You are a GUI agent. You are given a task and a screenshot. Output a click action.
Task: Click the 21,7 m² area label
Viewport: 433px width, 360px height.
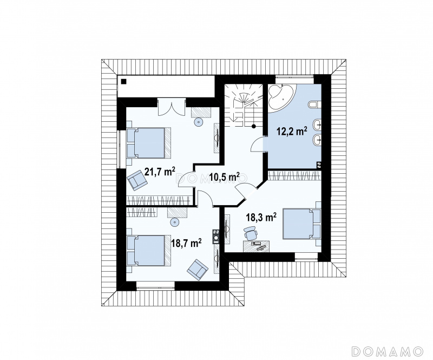(x=160, y=172)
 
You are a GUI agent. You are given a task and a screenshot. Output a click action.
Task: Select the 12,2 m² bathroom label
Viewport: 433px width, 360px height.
(x=292, y=132)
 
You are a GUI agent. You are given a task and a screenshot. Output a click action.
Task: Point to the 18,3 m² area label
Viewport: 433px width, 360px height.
(x=261, y=217)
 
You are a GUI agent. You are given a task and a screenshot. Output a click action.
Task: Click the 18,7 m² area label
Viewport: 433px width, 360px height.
(x=186, y=243)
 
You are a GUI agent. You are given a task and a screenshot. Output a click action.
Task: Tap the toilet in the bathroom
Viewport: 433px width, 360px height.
(x=314, y=105)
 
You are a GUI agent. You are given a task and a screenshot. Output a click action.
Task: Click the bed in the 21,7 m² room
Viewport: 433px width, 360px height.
(x=149, y=143)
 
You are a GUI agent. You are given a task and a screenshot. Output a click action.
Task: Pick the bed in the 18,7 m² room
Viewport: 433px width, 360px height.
(x=149, y=250)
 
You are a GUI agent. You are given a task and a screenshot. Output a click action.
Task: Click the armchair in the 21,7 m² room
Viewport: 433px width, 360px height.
(x=137, y=180)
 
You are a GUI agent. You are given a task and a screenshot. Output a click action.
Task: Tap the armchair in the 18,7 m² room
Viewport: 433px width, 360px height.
(x=197, y=270)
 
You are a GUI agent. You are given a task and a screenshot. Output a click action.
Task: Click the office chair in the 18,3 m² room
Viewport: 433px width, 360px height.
(x=251, y=233)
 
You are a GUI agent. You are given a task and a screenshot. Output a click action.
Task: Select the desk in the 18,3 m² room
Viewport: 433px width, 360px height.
(x=256, y=246)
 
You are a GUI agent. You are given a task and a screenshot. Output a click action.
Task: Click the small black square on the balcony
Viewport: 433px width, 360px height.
(x=124, y=81)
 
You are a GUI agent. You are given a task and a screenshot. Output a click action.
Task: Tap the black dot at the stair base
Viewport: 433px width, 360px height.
(x=253, y=127)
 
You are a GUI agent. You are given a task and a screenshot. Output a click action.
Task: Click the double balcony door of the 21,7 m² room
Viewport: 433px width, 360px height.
(x=172, y=108)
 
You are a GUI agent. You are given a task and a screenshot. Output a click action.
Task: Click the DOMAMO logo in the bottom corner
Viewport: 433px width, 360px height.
(x=388, y=351)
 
